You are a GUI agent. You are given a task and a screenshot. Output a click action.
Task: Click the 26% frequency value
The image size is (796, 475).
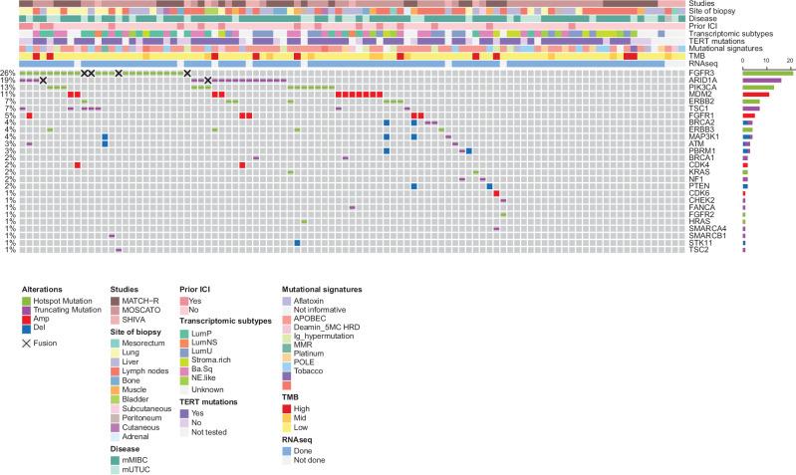coord(8,74)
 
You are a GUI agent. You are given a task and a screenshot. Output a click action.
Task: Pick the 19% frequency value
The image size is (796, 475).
coord(8,81)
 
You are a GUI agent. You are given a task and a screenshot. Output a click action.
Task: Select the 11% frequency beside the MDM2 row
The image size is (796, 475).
coord(8,96)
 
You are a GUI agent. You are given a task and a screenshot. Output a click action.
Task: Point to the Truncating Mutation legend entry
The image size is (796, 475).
coord(69,310)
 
